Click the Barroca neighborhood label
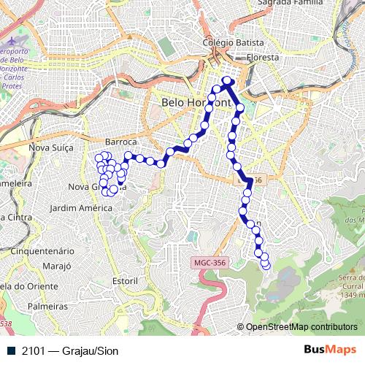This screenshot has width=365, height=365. coord(121,141)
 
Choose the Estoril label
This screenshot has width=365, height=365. coord(126,280)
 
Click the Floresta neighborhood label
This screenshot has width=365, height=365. coord(263,56)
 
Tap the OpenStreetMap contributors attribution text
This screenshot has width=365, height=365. coord(301,327)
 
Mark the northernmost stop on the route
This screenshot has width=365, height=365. coord(227,80)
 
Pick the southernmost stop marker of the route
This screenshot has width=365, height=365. coord(266,264)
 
